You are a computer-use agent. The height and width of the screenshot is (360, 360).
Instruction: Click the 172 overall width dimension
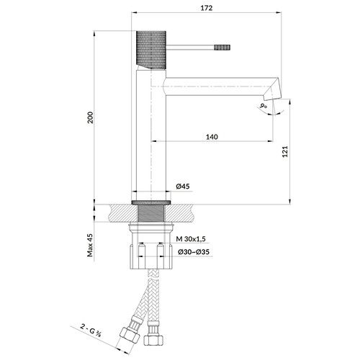click(x=207, y=8)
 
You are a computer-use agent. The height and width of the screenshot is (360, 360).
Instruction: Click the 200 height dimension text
click(x=90, y=117)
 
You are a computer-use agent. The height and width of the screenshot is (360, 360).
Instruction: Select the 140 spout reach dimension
click(x=212, y=137)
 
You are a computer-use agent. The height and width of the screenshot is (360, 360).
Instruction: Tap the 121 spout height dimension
click(x=285, y=151)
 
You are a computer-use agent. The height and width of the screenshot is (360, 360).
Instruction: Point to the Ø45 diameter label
click(x=183, y=186)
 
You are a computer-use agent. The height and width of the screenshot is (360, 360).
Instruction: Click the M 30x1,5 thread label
click(x=191, y=239)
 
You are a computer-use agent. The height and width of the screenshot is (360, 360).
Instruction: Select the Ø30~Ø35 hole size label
click(x=194, y=252)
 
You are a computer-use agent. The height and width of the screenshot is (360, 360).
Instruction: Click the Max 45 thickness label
click(x=90, y=245)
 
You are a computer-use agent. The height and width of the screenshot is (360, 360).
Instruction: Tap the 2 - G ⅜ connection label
click(x=91, y=330)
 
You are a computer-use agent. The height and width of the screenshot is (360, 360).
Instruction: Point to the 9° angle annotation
click(x=264, y=105)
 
